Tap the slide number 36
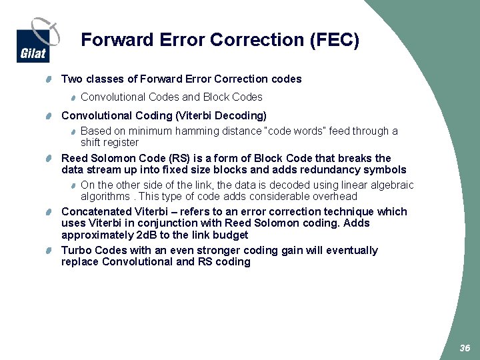point(465,349)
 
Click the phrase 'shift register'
point(109,142)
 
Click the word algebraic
point(391,185)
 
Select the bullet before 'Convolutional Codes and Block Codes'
point(74,97)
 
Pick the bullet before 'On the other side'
point(74,185)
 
